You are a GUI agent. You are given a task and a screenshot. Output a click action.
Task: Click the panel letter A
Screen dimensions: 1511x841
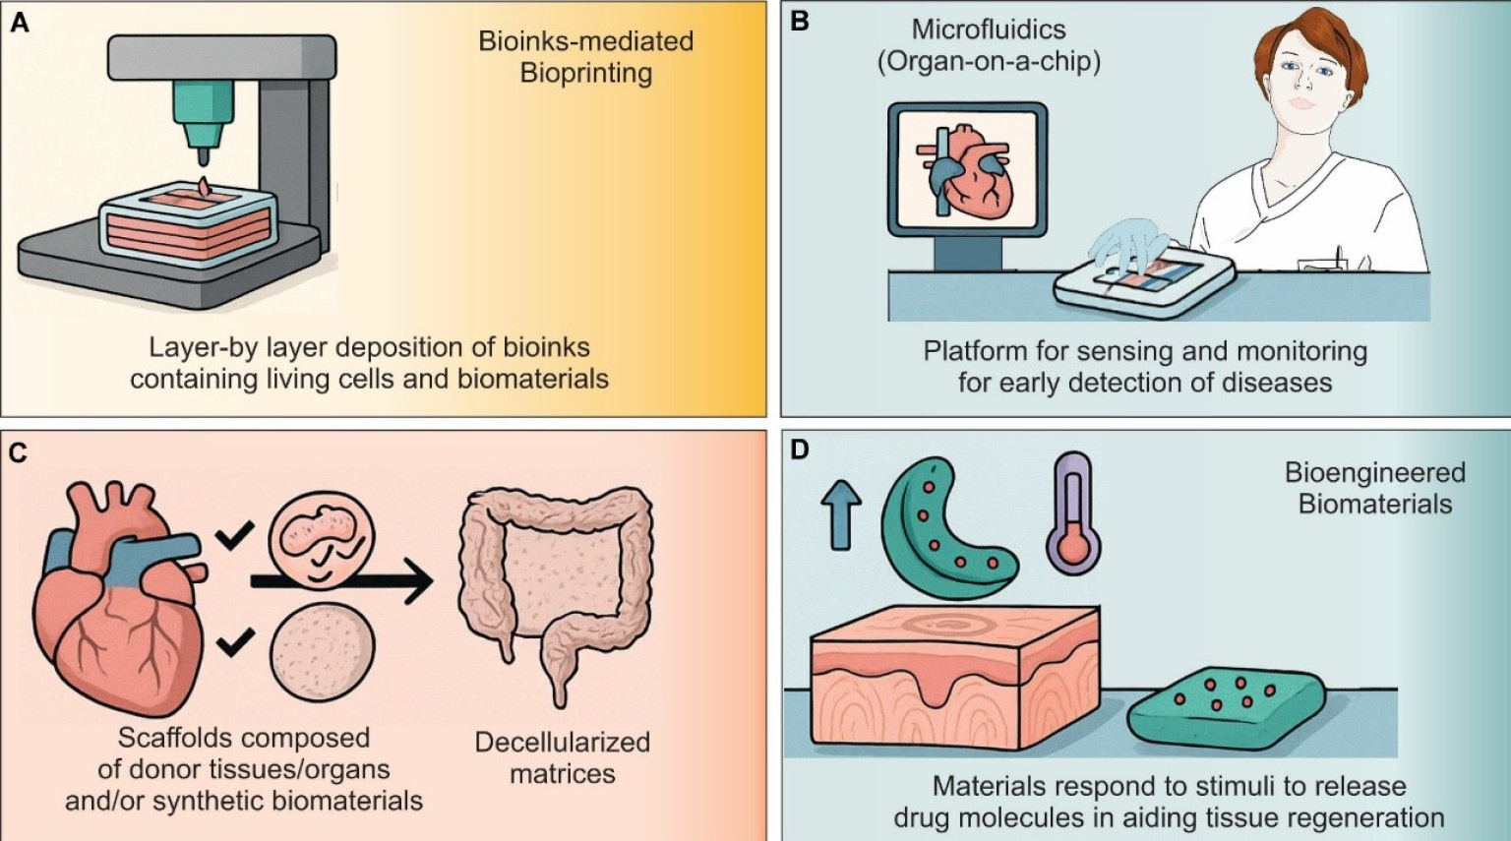[21, 23]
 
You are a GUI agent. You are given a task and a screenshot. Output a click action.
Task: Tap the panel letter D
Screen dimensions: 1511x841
[800, 450]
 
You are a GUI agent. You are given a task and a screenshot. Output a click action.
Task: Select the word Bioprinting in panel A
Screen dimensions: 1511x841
[586, 73]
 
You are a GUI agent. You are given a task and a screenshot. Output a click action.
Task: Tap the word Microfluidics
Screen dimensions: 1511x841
[989, 29]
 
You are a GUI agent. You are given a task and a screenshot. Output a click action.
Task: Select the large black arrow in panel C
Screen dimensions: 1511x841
[341, 580]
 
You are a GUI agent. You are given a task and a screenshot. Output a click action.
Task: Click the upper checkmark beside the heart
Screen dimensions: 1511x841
[234, 536]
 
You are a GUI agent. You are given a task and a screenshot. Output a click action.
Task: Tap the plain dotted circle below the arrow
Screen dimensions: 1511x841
[323, 652]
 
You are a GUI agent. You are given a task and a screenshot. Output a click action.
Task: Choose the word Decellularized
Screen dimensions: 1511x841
[562, 742]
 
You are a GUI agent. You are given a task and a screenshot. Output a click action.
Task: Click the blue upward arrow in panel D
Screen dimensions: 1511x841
[841, 514]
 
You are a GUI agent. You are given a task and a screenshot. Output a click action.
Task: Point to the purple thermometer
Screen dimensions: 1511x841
[1073, 513]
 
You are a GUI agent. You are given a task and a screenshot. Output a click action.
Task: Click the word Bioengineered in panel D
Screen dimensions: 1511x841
[1374, 472]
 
